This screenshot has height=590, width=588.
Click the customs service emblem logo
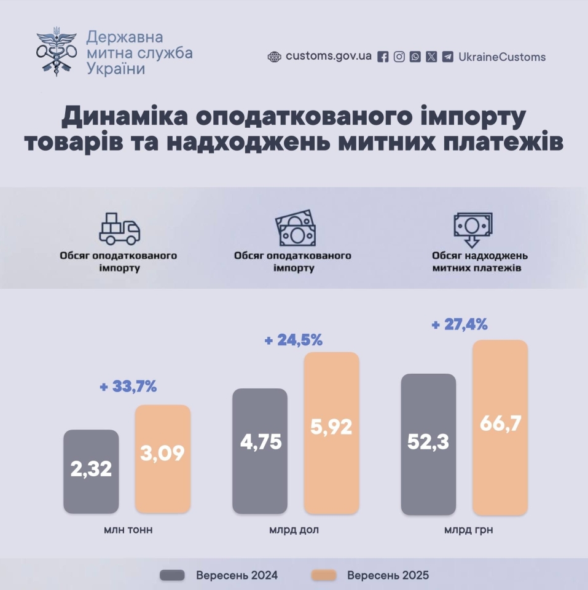tap(57, 52)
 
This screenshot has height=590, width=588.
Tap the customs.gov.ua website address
tap(328, 57)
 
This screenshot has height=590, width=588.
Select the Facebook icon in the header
tap(383, 57)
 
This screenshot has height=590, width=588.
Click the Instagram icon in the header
tap(399, 57)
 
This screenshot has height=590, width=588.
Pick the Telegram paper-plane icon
tap(448, 57)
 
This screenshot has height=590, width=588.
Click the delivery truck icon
tap(119, 229)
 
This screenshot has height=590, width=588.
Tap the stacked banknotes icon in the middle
tap(294, 229)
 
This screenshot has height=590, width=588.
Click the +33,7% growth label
tap(128, 387)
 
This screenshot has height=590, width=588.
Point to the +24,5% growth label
tap(293, 340)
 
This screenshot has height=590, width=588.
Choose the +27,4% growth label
tap(459, 324)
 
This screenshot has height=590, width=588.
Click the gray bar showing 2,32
tap(91, 471)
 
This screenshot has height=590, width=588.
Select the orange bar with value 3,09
tap(163, 458)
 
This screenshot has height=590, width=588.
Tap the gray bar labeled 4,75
tap(260, 450)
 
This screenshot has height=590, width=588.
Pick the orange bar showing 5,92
tap(331, 433)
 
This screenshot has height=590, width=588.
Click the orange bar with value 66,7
tap(500, 427)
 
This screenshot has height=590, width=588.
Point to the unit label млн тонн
tap(128, 530)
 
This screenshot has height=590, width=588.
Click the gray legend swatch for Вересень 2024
tap(172, 575)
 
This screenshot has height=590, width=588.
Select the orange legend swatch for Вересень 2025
tap(324, 575)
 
